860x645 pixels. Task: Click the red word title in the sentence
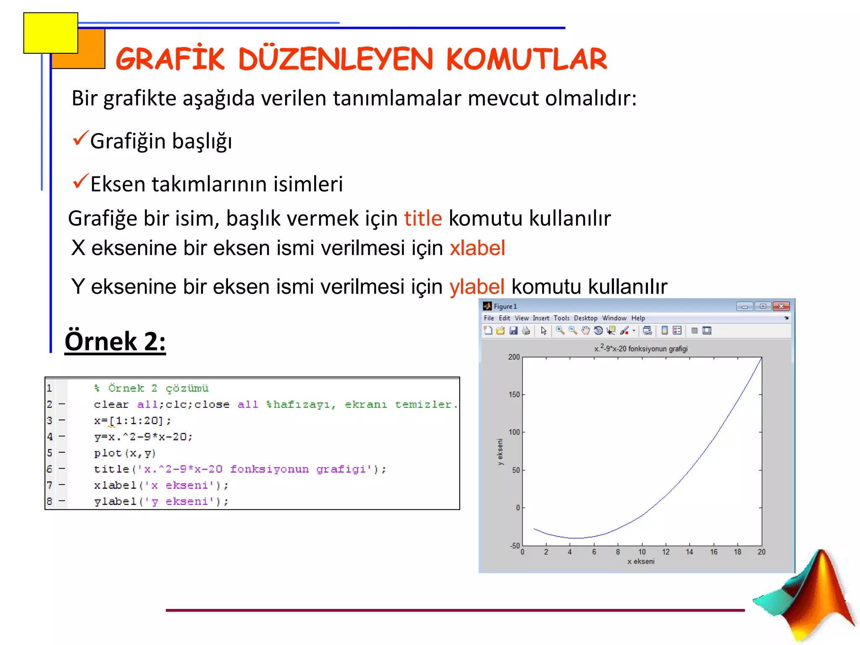(423, 219)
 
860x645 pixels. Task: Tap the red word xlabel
(477, 248)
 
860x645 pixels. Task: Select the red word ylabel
(477, 287)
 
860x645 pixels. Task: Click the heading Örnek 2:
(115, 341)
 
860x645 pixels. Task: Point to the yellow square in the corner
(50, 33)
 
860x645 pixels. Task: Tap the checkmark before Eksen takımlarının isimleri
(80, 181)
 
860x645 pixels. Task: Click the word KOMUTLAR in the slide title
(527, 59)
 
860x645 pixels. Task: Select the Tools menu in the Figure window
(561, 318)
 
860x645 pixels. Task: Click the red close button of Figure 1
(781, 307)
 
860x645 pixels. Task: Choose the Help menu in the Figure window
(638, 318)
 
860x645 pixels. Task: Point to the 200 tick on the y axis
(514, 357)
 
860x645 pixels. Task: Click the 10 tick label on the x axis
(642, 552)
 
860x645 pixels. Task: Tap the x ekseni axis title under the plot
(641, 561)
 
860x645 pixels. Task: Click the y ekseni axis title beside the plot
(500, 452)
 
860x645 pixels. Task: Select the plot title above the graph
(641, 349)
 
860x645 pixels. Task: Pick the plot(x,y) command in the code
(125, 454)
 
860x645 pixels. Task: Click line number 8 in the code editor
(50, 501)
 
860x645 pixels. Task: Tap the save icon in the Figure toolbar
(513, 331)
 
